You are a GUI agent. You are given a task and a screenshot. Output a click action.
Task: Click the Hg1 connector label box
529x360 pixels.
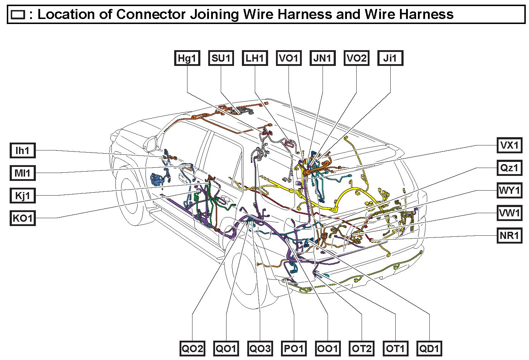(x=187, y=58)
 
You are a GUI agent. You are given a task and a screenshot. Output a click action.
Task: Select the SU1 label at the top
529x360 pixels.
(x=221, y=58)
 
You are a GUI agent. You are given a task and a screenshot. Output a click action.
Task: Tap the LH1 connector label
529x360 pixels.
(x=254, y=58)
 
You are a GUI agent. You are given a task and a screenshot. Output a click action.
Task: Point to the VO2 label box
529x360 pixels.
(x=356, y=58)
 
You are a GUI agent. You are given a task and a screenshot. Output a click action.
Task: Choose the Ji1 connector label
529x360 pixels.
(x=390, y=58)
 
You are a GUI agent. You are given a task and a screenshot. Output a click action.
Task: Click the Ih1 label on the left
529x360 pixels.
(x=23, y=150)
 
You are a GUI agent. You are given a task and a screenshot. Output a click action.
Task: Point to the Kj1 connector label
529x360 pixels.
(x=23, y=196)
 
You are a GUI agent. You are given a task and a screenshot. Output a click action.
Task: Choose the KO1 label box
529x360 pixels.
(x=23, y=218)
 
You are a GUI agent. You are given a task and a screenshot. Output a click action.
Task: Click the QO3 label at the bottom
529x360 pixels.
(x=260, y=348)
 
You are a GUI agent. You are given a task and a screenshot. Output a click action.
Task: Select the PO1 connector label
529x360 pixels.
(x=294, y=348)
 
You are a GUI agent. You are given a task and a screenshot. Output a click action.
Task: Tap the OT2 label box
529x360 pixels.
(x=362, y=348)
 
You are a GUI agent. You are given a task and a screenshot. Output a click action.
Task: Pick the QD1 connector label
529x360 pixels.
(x=429, y=348)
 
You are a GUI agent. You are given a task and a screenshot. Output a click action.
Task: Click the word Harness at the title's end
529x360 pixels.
(x=426, y=14)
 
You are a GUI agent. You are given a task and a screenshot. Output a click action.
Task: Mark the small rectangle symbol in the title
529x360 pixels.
(x=18, y=15)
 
